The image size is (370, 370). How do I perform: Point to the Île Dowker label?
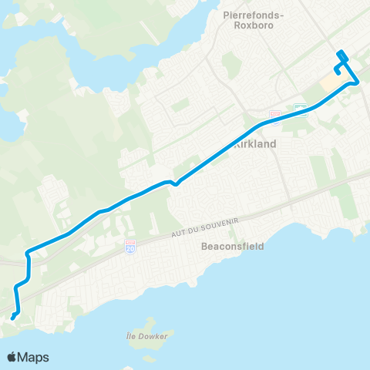146,336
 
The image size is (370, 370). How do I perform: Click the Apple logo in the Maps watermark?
12,357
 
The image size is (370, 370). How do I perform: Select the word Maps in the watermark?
34,357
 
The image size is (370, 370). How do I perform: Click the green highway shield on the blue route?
301,109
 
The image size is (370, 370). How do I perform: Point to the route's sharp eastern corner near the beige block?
358,82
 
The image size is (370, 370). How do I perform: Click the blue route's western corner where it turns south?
28,251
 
